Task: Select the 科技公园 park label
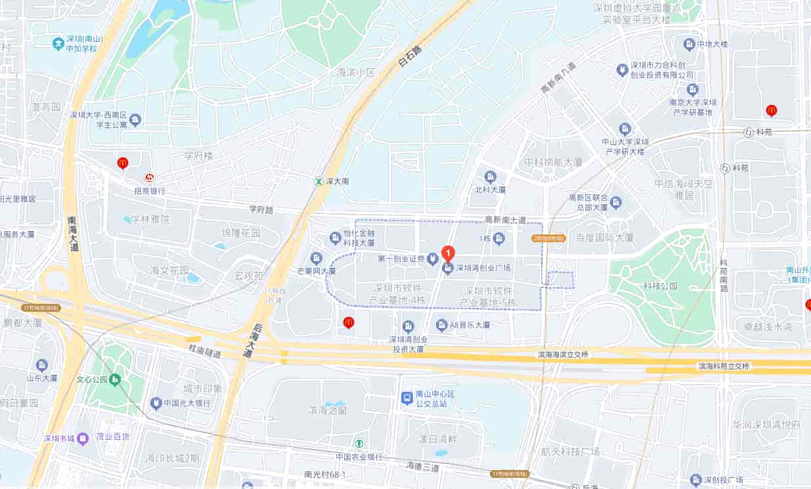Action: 660,286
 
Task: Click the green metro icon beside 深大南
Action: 318,181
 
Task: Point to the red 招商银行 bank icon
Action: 150,178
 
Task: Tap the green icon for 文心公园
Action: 116,379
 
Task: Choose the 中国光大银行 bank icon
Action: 156,402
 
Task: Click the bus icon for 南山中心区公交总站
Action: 407,398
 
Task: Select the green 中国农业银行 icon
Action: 359,444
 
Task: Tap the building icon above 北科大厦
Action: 490,177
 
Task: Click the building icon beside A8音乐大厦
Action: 442,324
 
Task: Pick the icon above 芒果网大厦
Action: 317,257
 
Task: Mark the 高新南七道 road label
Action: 505,219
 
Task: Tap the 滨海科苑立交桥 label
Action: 723,366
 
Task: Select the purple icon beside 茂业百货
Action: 83,438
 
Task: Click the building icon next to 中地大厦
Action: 689,45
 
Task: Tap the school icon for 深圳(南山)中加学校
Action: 58,44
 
